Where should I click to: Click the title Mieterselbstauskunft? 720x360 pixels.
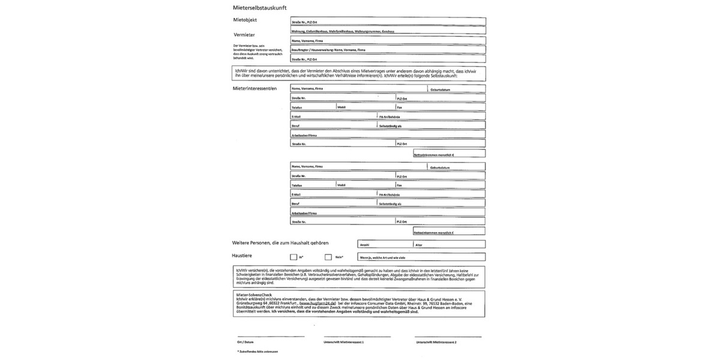click(259, 7)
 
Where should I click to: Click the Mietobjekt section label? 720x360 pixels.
click(245, 20)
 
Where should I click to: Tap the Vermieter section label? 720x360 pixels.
click(244, 35)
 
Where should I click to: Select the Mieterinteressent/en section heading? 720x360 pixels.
click(255, 89)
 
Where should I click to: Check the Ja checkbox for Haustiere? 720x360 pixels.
click(293, 257)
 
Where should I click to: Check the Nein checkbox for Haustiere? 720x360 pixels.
click(328, 257)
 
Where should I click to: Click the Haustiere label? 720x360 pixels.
click(242, 256)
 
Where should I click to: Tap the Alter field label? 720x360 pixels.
click(419, 245)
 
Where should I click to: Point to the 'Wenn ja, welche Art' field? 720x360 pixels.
click(420, 257)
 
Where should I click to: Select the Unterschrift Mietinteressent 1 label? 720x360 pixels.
click(343, 342)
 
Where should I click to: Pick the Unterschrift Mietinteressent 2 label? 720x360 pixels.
click(436, 342)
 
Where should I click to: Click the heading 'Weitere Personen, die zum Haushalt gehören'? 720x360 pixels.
click(281, 242)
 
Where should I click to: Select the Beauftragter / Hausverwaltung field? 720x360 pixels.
click(388, 50)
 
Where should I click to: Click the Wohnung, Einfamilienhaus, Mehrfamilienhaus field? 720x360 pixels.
click(388, 30)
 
